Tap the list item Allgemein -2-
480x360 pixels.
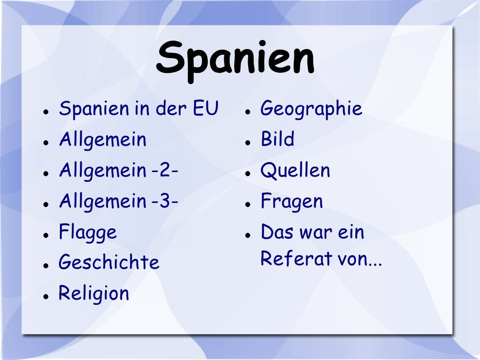pos(118,171)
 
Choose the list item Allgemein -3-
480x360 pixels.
pos(118,202)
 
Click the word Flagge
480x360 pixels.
pos(88,233)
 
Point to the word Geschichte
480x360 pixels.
pos(109,262)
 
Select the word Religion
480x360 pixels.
pos(93,294)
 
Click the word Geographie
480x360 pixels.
pos(311,109)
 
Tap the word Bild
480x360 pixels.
pos(277,138)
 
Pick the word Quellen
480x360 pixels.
pos(295,170)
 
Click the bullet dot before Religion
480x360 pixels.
pos(46,296)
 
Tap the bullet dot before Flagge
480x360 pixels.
pos(46,235)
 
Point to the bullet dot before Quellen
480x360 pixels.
pos(248,173)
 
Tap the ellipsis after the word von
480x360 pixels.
pos(375,264)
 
